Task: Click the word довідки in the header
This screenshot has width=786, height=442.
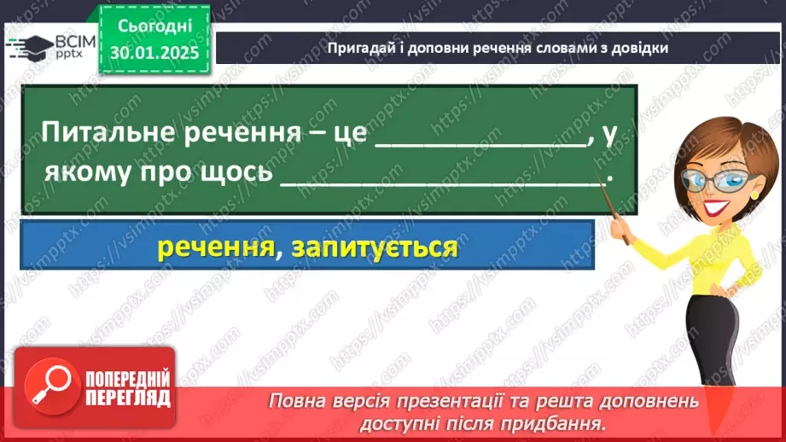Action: (639, 48)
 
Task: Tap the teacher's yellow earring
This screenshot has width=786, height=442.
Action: (754, 194)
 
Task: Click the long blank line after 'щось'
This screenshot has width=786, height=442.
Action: (440, 180)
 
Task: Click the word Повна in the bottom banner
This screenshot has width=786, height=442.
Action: (298, 400)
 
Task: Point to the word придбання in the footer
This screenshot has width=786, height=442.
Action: (568, 422)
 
